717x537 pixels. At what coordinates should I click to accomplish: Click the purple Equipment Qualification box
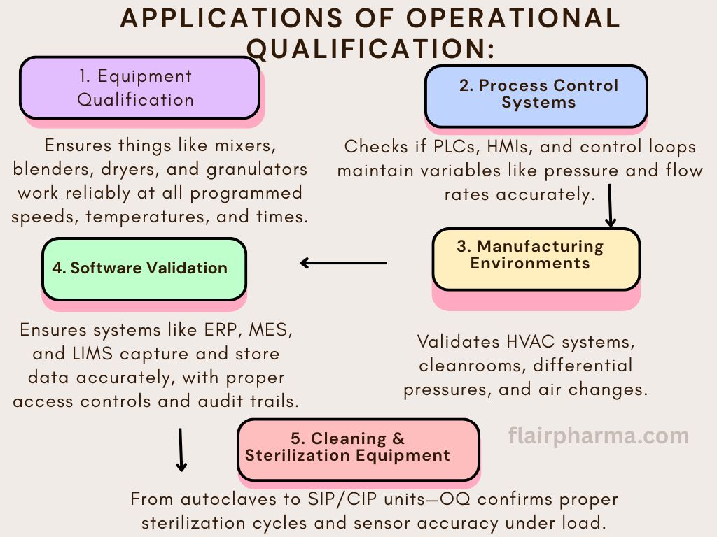[140, 87]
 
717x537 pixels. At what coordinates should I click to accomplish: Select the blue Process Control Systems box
[536, 96]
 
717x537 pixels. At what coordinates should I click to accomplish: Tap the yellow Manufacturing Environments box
[536, 259]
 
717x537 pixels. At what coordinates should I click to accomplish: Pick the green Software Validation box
[144, 269]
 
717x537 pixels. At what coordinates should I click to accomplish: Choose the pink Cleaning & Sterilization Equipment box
[358, 450]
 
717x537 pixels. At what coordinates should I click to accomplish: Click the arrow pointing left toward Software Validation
[343, 263]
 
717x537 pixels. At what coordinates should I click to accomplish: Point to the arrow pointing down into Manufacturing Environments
[610, 206]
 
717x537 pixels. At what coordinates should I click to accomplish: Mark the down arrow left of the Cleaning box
[181, 450]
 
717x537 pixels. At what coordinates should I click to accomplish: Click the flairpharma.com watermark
[599, 436]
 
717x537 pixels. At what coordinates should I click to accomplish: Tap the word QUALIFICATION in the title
[370, 48]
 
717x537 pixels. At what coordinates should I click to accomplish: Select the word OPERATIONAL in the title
[513, 18]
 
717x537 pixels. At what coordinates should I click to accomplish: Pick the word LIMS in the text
[92, 353]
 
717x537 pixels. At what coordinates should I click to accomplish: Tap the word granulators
[257, 170]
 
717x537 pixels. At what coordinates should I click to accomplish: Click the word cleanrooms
[472, 365]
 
